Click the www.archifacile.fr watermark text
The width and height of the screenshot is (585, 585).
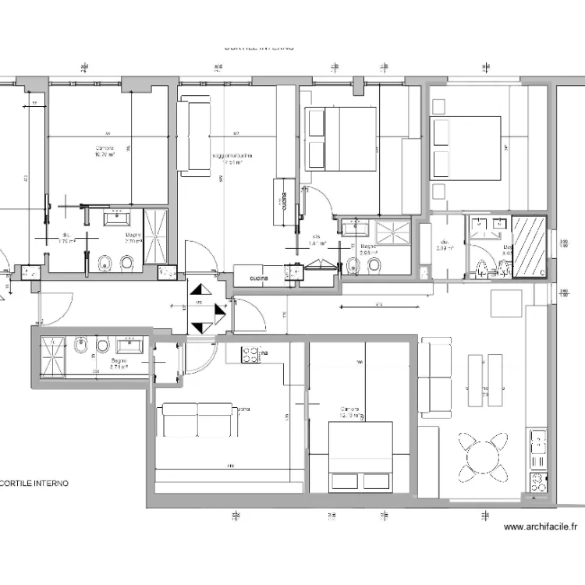tap(541, 526)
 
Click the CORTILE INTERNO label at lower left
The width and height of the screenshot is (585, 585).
tap(34, 483)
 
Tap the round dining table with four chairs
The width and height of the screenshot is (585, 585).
tap(482, 453)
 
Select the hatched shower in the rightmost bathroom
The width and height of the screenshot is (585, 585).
tap(530, 245)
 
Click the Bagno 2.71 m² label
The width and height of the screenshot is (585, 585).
tap(119, 364)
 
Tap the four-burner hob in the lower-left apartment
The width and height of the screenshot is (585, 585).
tap(250, 355)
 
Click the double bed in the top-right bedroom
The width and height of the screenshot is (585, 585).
tap(465, 148)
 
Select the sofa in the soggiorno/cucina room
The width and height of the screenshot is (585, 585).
tap(193, 134)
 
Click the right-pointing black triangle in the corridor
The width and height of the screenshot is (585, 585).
tap(220, 314)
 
